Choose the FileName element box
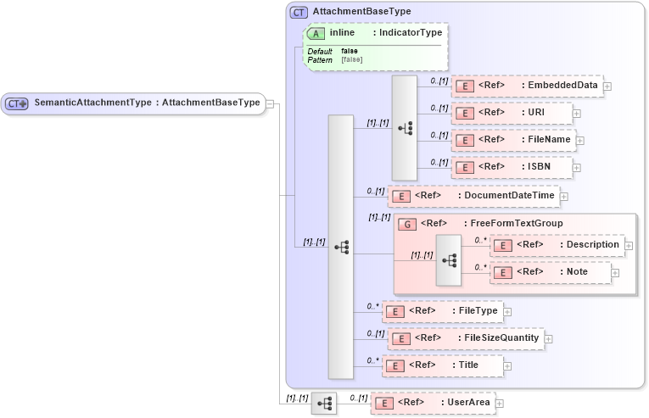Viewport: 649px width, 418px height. pyautogui.click(x=512, y=140)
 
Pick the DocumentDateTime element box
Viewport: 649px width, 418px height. pyautogui.click(x=473, y=196)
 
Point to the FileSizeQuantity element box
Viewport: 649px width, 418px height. pyautogui.click(x=465, y=338)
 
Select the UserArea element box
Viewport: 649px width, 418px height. pyautogui.click(x=432, y=403)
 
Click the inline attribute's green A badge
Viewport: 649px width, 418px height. pyautogui.click(x=316, y=33)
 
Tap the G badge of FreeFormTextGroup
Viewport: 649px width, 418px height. pyautogui.click(x=405, y=224)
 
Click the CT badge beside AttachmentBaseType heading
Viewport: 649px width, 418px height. pyautogui.click(x=299, y=12)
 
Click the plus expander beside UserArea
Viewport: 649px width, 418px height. pyautogui.click(x=500, y=404)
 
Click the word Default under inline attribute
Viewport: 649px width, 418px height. pyautogui.click(x=319, y=52)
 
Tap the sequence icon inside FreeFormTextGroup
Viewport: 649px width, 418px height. pyautogui.click(x=449, y=259)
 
